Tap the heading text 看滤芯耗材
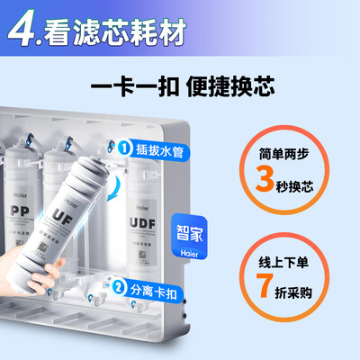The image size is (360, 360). tap(116, 32)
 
